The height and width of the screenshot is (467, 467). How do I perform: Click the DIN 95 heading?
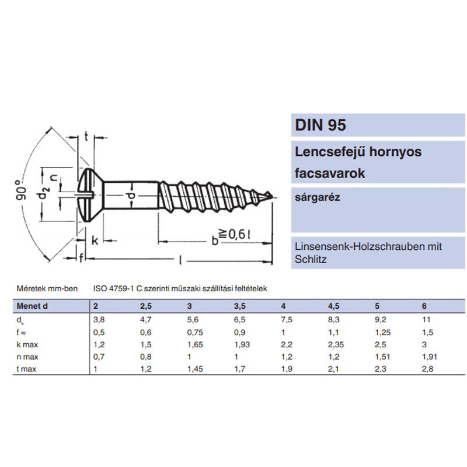coord(320,125)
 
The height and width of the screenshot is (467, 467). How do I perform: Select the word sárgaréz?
coord(317,197)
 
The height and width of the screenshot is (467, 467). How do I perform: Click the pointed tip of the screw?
coord(272,196)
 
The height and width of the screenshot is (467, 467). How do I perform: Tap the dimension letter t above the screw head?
coord(86,137)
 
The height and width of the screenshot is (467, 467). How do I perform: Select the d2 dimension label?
coord(43,195)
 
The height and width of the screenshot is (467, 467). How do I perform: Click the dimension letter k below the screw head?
coord(95,241)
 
